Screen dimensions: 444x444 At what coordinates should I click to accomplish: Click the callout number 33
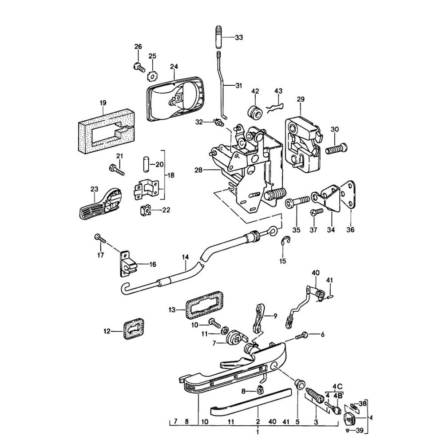[x=239, y=38]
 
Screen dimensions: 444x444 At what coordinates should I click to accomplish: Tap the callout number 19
[x=103, y=103]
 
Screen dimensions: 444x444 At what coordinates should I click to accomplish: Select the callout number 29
[x=301, y=99]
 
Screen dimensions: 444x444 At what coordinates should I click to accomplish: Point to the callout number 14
[x=185, y=257]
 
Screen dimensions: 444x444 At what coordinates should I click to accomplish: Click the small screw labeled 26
[x=139, y=67]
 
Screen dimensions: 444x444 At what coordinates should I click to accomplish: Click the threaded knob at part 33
[x=220, y=39]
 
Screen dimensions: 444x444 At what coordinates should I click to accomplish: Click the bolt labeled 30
[x=337, y=149]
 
